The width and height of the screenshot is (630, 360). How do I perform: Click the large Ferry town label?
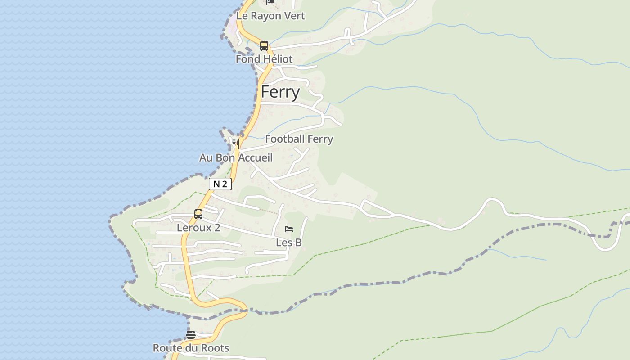pyautogui.click(x=280, y=92)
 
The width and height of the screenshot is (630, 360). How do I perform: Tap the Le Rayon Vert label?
pyautogui.click(x=270, y=16)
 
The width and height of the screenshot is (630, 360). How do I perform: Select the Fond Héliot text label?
pyautogui.click(x=264, y=59)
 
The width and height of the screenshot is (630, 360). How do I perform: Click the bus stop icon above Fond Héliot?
pyautogui.click(x=264, y=45)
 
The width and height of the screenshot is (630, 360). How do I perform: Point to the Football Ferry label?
pyautogui.click(x=299, y=139)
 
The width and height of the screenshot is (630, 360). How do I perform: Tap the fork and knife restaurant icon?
pyautogui.click(x=235, y=144)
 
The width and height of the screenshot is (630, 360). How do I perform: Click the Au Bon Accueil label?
pyautogui.click(x=236, y=158)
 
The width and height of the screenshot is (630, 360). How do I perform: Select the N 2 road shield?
pyautogui.click(x=220, y=184)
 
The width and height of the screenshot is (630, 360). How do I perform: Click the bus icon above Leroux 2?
pyautogui.click(x=198, y=214)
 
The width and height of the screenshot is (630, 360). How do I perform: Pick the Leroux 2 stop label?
pyautogui.click(x=198, y=228)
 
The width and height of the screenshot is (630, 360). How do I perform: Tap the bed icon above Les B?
pyautogui.click(x=289, y=229)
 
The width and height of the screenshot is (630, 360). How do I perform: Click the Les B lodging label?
pyautogui.click(x=289, y=243)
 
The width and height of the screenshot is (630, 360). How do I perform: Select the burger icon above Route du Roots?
pyautogui.click(x=191, y=335)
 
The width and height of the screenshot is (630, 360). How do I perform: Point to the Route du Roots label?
pyautogui.click(x=191, y=348)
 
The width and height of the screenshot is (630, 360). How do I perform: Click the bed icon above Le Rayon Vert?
pyautogui.click(x=270, y=2)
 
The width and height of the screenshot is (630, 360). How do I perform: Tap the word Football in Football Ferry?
pyautogui.click(x=285, y=139)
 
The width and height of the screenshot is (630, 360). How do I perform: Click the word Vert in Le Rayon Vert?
pyautogui.click(x=295, y=16)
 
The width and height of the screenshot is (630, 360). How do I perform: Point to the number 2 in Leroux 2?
pyautogui.click(x=217, y=228)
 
